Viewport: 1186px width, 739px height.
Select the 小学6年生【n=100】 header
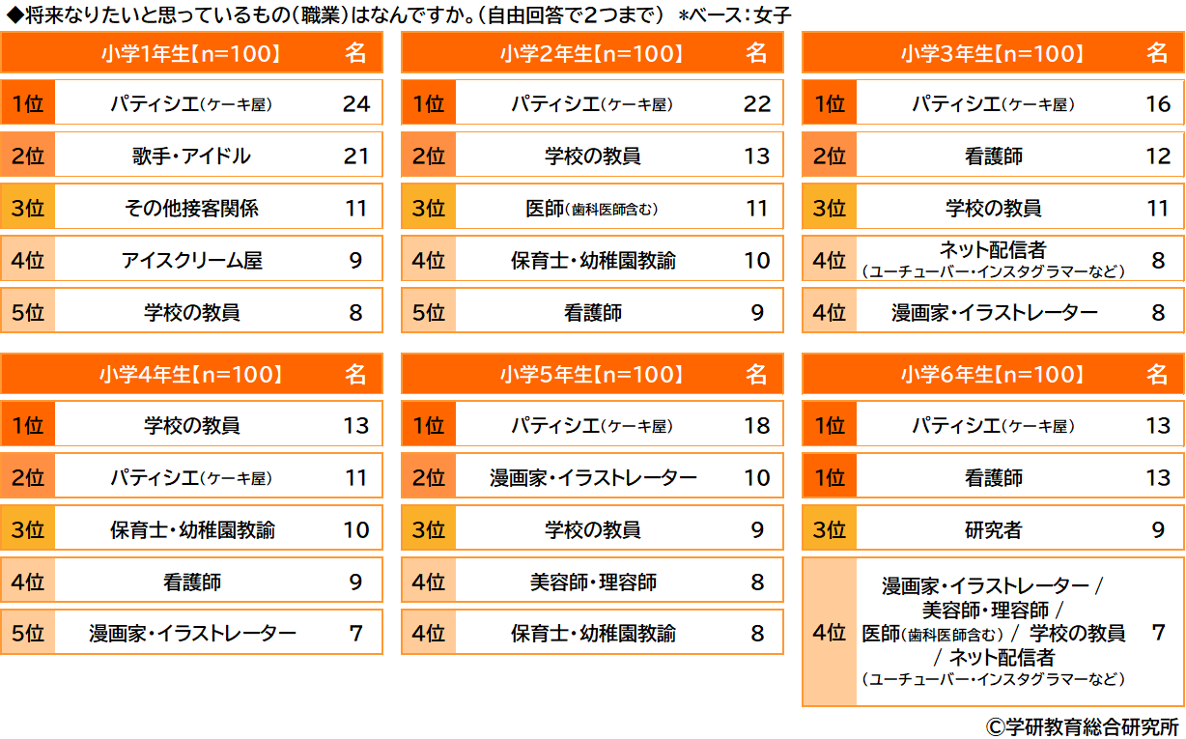click(x=993, y=375)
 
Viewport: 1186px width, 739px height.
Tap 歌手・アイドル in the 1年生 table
click(x=191, y=156)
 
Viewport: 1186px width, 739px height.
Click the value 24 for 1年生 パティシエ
click(x=355, y=104)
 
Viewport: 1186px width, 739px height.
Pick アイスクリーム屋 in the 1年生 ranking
click(x=191, y=260)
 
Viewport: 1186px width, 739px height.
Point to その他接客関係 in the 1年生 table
click(x=191, y=208)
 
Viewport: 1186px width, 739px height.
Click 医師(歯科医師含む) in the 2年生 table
click(x=592, y=208)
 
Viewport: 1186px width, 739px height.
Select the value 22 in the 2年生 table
click(x=756, y=104)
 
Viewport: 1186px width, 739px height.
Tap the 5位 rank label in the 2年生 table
click(x=429, y=312)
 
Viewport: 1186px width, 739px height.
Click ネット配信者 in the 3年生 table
click(x=993, y=251)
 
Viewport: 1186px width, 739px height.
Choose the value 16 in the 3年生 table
click(x=1157, y=104)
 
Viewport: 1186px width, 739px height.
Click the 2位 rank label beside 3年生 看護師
click(x=830, y=156)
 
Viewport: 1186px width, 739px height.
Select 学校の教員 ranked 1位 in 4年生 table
click(x=191, y=425)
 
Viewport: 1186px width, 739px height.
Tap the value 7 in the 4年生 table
click(x=355, y=634)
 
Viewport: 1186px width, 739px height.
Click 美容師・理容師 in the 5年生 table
click(x=592, y=582)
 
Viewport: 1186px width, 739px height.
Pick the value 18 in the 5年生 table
click(x=756, y=425)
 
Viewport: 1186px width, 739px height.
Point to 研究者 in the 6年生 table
click(x=993, y=529)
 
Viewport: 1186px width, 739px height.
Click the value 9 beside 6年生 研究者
click(x=1157, y=529)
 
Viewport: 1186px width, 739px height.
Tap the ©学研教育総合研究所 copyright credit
click(x=1082, y=725)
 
